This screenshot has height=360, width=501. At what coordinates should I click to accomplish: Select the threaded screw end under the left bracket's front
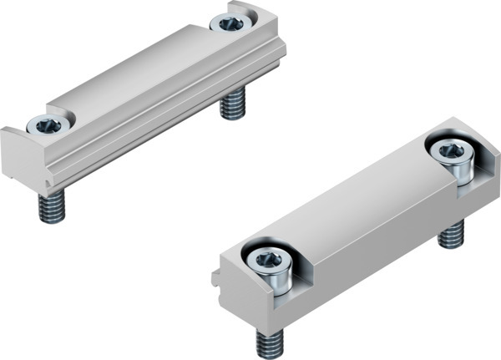tap(52, 208)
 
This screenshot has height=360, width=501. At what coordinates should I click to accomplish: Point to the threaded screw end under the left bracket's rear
tap(233, 107)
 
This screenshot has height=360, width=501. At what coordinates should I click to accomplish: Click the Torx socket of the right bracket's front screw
tap(266, 260)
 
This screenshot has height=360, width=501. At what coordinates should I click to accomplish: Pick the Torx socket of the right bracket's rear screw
tap(452, 151)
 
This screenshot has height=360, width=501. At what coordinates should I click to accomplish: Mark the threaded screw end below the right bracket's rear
tap(451, 234)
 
